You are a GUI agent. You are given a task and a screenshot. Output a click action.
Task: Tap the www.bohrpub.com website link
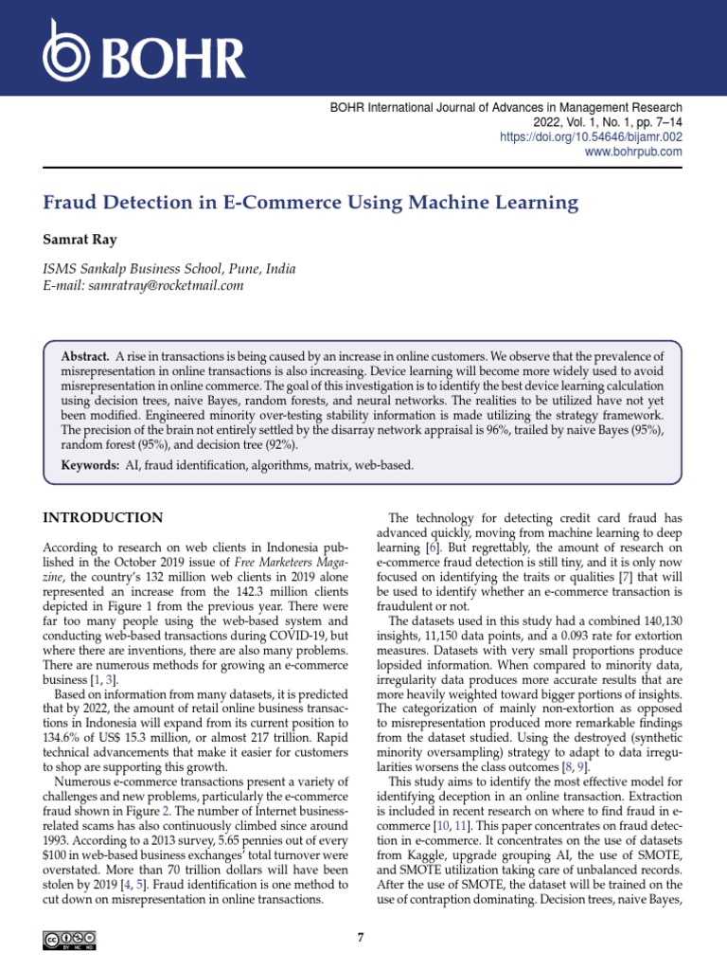[633, 153]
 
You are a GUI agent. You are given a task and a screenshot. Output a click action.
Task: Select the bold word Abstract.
[85, 355]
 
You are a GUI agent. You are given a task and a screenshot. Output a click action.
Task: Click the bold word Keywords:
[91, 465]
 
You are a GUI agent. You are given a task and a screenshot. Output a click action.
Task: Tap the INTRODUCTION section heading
[103, 517]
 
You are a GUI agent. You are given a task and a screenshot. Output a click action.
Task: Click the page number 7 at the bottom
[361, 938]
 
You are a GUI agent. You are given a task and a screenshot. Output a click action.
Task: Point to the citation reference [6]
[432, 548]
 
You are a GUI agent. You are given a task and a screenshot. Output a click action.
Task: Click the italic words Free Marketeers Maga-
[284, 563]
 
